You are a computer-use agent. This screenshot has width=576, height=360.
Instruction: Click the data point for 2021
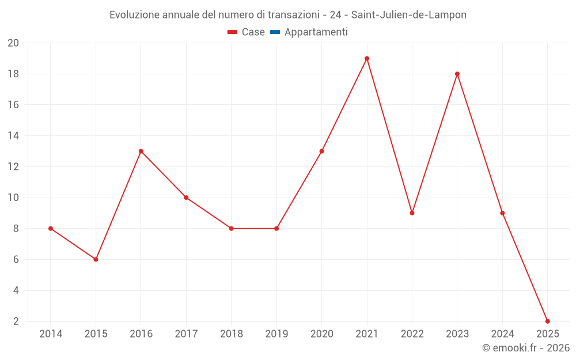pos(367,58)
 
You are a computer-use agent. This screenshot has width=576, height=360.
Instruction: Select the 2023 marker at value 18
pos(457,74)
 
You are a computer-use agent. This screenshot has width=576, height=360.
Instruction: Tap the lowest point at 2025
pos(547,321)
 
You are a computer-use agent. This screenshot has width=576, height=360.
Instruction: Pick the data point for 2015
pos(96,259)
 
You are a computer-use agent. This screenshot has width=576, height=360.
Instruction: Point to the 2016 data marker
pos(141,151)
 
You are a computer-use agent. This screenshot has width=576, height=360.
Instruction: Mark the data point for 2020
pos(321,151)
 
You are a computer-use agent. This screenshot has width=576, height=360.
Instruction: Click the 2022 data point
pos(412,213)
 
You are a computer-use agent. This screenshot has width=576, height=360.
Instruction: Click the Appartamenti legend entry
pos(316,32)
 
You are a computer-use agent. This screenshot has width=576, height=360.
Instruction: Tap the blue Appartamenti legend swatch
pos(275,32)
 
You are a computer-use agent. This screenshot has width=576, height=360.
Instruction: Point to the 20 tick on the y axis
pos(13,43)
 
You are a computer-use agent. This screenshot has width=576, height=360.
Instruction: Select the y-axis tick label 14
pos(13,136)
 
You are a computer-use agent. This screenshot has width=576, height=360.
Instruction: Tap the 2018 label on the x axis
pos(231,334)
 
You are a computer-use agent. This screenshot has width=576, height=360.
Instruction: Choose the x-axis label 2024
pos(502,334)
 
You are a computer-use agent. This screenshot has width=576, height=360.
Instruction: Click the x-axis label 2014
pos(51,334)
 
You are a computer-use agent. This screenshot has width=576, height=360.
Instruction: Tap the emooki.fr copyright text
pos(526,348)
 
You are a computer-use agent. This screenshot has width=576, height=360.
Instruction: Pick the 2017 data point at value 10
pos(186,198)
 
